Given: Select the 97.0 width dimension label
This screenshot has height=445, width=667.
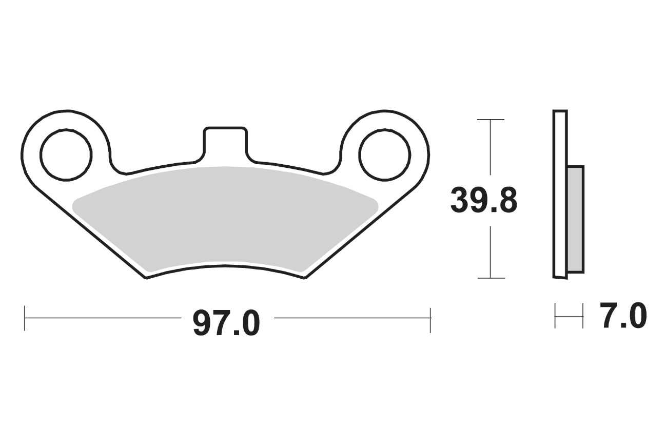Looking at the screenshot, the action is (227, 323).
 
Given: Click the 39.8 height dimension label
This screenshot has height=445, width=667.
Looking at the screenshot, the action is (484, 201).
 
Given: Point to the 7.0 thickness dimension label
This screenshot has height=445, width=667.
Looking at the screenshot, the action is (623, 316).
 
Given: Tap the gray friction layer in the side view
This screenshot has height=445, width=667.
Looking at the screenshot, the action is (575, 219).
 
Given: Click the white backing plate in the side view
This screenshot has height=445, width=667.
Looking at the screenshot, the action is (560, 194).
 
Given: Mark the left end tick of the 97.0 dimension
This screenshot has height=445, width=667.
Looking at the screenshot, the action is (25, 318).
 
